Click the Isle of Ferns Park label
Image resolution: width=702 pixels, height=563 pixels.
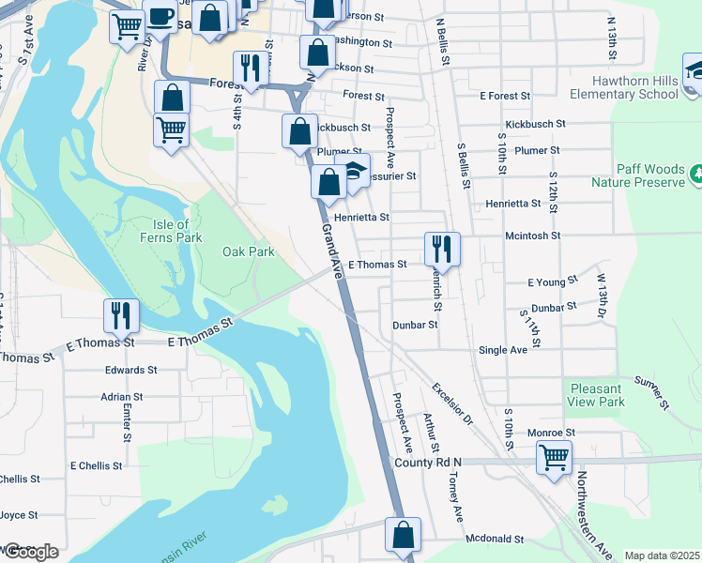176,231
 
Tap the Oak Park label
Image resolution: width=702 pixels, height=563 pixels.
248,251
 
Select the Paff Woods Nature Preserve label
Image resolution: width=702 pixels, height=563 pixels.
637,175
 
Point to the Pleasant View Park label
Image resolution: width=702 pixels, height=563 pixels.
596,395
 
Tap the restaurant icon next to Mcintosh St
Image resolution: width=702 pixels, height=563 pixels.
442,249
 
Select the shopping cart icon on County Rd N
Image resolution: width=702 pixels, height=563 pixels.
554,458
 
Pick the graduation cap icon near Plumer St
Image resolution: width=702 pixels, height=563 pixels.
353,172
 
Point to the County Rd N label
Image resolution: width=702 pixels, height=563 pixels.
429,463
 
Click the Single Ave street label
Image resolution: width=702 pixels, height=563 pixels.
503,350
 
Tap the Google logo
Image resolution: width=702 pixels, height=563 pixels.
30,552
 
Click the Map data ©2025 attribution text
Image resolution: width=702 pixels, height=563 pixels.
661,555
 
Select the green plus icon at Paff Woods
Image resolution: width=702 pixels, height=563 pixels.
696,174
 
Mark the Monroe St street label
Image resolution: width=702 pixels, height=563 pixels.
550,432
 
